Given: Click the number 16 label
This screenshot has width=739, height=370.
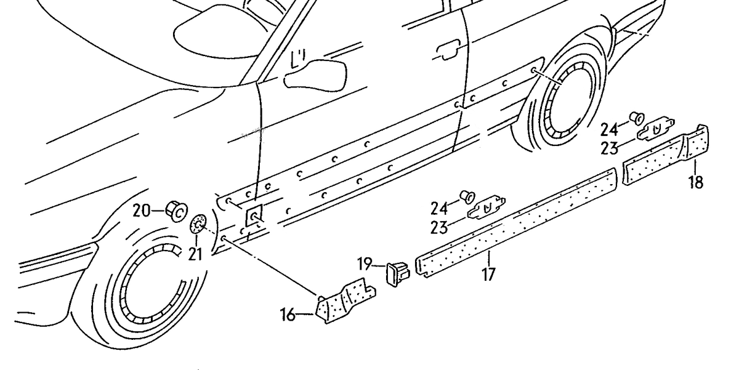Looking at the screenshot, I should [288, 315].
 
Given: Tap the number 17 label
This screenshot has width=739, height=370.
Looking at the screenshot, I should [488, 274].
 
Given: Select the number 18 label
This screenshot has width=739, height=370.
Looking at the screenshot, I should [696, 183].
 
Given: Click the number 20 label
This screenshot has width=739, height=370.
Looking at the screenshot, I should [141, 211].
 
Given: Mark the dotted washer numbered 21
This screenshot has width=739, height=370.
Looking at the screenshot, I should [198, 225].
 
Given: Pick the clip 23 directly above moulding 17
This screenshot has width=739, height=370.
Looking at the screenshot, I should [487, 208].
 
